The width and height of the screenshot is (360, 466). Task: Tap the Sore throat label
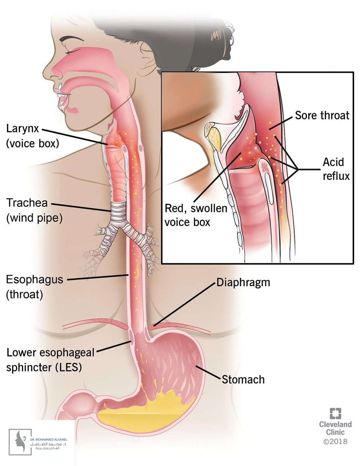click(322, 115)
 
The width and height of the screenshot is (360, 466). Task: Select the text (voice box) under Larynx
click(32, 143)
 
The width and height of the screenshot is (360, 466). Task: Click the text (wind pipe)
click(34, 218)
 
